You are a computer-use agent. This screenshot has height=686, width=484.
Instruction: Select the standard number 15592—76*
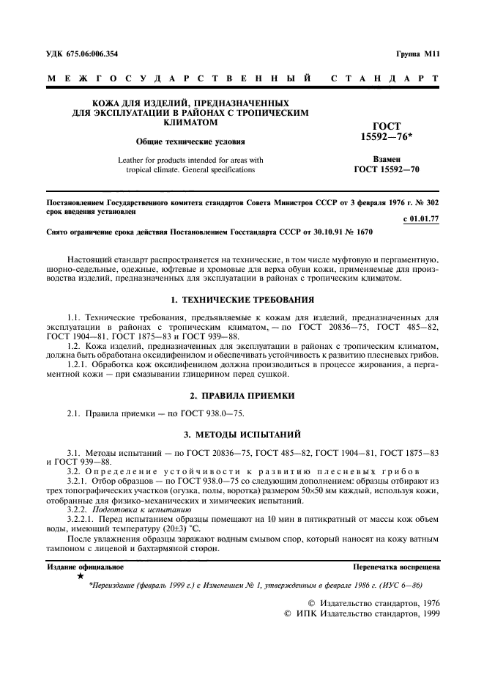(x=386, y=137)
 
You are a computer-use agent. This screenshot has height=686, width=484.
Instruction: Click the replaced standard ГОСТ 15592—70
(x=386, y=170)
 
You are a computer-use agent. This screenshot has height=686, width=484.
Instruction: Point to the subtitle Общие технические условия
(x=190, y=141)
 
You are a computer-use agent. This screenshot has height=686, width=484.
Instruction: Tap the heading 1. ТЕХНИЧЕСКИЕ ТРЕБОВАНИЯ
(x=242, y=300)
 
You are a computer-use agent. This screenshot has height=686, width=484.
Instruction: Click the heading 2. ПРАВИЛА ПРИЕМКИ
(x=242, y=396)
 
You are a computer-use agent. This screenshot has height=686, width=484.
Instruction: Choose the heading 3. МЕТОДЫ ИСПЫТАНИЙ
(x=242, y=435)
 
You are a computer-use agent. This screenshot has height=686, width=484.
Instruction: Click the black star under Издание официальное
(x=80, y=577)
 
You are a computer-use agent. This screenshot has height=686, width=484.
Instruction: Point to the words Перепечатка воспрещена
(x=395, y=567)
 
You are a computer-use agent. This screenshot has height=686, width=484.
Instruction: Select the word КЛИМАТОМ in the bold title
(x=190, y=123)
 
